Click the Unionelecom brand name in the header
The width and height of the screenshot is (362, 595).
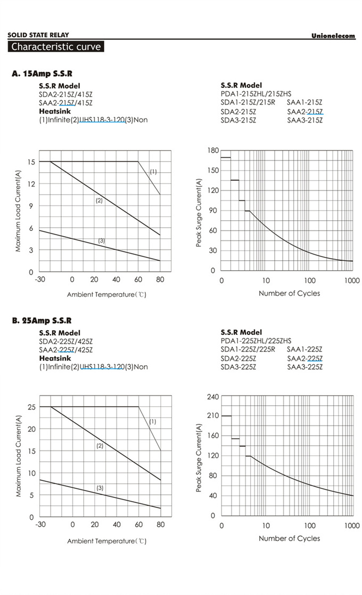333,36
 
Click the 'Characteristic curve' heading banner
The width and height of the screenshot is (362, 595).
56,46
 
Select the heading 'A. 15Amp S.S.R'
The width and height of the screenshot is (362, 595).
42,74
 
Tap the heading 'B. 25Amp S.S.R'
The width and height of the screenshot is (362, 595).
42,321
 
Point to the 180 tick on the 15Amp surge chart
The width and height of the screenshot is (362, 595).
213,151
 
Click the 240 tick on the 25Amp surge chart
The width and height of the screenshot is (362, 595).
213,397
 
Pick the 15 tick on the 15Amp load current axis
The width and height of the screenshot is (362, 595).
31,162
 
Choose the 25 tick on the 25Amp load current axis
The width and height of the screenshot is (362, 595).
31,407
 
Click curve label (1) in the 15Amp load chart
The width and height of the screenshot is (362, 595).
153,172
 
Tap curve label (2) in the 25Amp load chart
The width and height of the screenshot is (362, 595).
100,446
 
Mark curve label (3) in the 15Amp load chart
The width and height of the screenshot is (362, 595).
102,241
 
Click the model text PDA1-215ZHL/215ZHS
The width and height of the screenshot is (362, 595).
256,94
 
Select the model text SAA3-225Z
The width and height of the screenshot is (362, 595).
305,367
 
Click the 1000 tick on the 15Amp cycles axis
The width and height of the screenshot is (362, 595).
352,280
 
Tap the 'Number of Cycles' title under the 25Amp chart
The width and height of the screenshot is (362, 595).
290,538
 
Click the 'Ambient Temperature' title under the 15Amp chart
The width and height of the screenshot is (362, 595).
106,294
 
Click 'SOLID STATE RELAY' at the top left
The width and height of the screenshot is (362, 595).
38,35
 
